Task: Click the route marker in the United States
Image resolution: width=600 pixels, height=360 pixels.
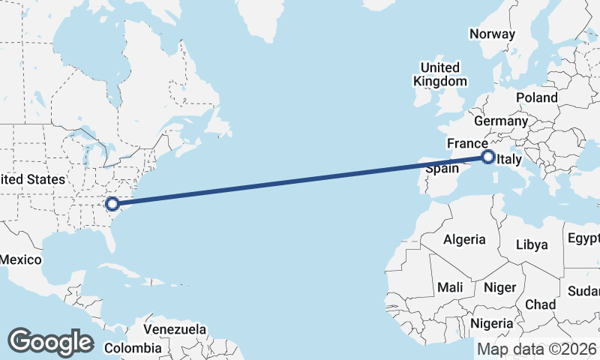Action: click(112, 203)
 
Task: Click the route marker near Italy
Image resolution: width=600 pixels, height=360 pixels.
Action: click(488, 157)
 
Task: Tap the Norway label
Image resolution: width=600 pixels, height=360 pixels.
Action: click(492, 34)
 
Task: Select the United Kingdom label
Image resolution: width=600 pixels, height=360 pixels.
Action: click(441, 74)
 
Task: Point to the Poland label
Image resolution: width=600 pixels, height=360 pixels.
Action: click(536, 97)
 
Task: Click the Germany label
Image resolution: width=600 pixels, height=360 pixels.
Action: click(501, 121)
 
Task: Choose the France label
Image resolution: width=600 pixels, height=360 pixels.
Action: click(468, 142)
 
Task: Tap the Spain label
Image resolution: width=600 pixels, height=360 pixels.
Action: click(442, 169)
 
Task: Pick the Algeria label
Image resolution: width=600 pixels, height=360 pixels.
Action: click(464, 240)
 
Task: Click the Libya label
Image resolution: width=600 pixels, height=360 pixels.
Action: click(532, 244)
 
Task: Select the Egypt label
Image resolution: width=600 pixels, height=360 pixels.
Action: click(583, 238)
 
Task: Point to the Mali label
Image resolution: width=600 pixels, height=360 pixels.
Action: click(451, 287)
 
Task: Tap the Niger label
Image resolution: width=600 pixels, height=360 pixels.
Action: click(500, 287)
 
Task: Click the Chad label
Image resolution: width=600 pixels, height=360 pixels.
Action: click(540, 304)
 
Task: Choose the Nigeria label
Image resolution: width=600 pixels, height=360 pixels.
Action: click(492, 323)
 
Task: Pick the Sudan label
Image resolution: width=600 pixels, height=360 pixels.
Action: click(585, 291)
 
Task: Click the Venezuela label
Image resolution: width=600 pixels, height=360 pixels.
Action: click(175, 329)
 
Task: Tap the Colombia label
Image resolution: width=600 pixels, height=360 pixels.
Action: click(133, 348)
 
